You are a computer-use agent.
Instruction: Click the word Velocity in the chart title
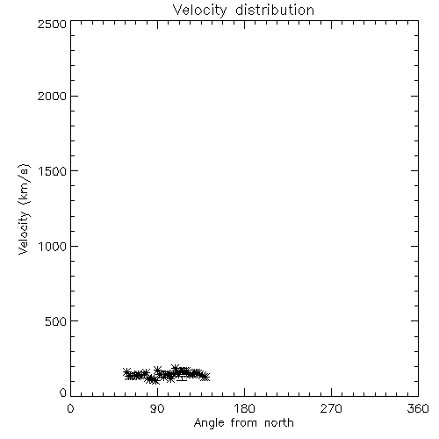click(200, 11)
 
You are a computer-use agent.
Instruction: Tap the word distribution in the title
click(275, 10)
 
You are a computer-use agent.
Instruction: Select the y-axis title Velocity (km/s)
click(24, 209)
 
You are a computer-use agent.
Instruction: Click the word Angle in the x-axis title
click(209, 423)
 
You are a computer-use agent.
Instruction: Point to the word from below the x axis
click(244, 422)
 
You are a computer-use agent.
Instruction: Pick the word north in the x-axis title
click(279, 422)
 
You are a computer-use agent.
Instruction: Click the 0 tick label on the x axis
click(70, 408)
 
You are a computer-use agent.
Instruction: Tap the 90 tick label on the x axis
click(157, 408)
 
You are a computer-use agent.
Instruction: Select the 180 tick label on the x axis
click(244, 408)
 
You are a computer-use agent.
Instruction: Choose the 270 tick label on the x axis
click(331, 408)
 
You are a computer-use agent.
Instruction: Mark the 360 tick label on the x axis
click(418, 408)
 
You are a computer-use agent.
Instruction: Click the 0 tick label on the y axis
click(63, 392)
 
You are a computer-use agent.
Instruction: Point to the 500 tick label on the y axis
click(56, 321)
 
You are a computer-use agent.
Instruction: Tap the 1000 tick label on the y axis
click(53, 247)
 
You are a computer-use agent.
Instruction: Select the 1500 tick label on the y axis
click(53, 171)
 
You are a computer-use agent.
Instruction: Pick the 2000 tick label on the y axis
click(52, 97)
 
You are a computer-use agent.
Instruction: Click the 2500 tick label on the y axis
click(52, 24)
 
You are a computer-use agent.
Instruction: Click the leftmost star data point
click(126, 372)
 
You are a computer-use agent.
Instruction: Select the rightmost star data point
click(205, 377)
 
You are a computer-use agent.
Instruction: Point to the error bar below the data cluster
click(182, 377)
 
